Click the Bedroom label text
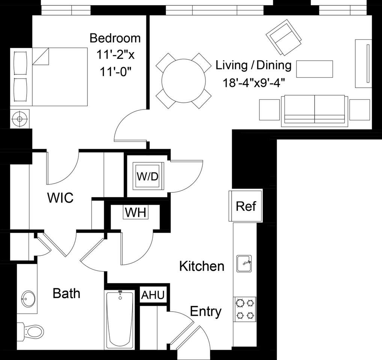(x=115, y=38)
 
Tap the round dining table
(x=183, y=80)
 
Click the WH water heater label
(x=135, y=213)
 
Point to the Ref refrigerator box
(x=246, y=206)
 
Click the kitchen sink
(x=244, y=264)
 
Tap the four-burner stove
(x=245, y=309)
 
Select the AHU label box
(x=152, y=295)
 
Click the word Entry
(x=206, y=311)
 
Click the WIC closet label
(x=60, y=198)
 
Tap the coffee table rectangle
(x=314, y=69)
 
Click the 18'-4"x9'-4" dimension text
(x=254, y=82)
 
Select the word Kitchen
(x=202, y=266)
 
